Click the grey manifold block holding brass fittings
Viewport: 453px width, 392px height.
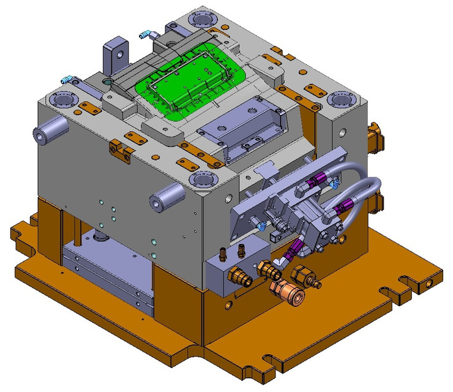coord(236,268)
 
